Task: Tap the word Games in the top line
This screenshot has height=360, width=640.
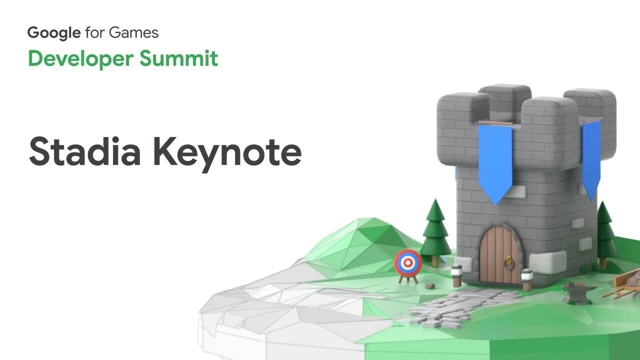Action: tap(135, 33)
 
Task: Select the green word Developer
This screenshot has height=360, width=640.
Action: tap(80, 58)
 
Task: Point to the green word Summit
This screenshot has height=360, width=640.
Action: tap(178, 58)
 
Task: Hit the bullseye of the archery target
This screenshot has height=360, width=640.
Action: tap(408, 262)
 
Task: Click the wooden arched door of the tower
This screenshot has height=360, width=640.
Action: tap(498, 255)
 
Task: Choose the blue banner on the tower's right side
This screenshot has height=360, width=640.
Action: tap(591, 157)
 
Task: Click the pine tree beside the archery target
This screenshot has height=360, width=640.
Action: tap(435, 230)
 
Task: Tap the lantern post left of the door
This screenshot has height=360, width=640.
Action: tap(456, 275)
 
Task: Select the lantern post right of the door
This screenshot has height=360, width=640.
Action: tap(526, 279)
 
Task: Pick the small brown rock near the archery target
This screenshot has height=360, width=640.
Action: tap(429, 286)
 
